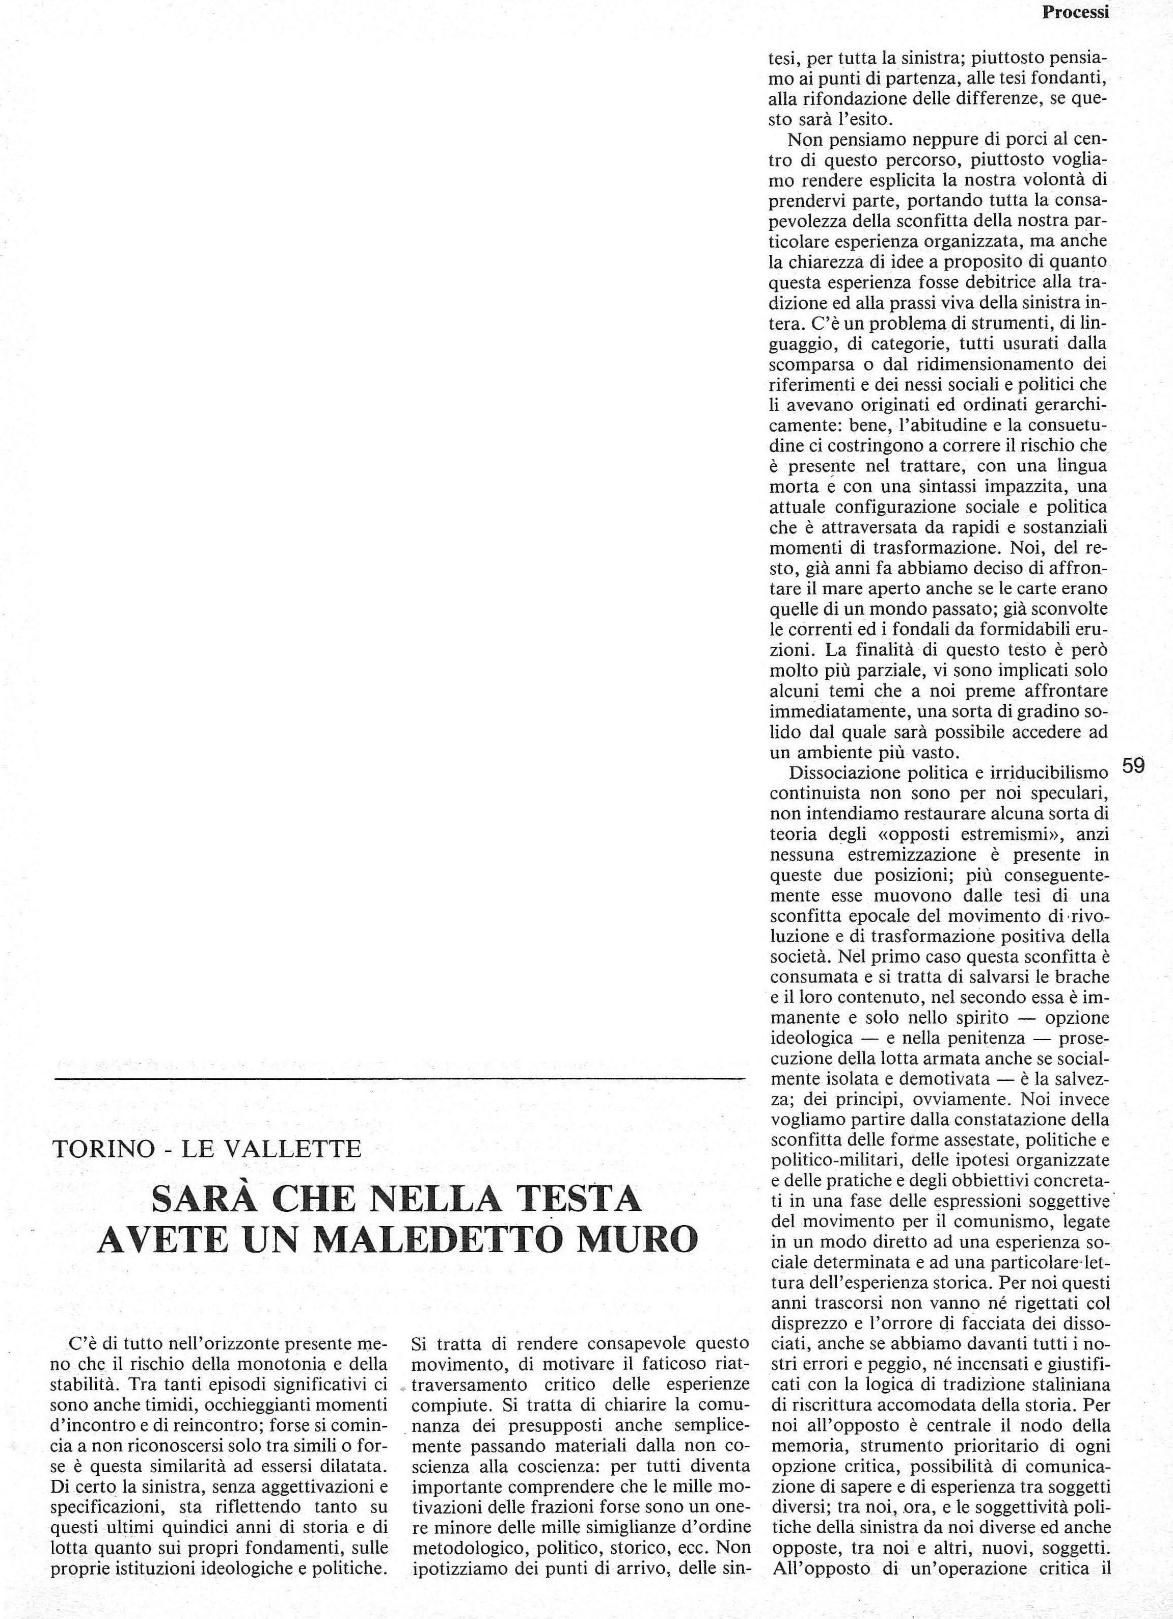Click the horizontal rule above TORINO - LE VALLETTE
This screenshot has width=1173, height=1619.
point(399,1077)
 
